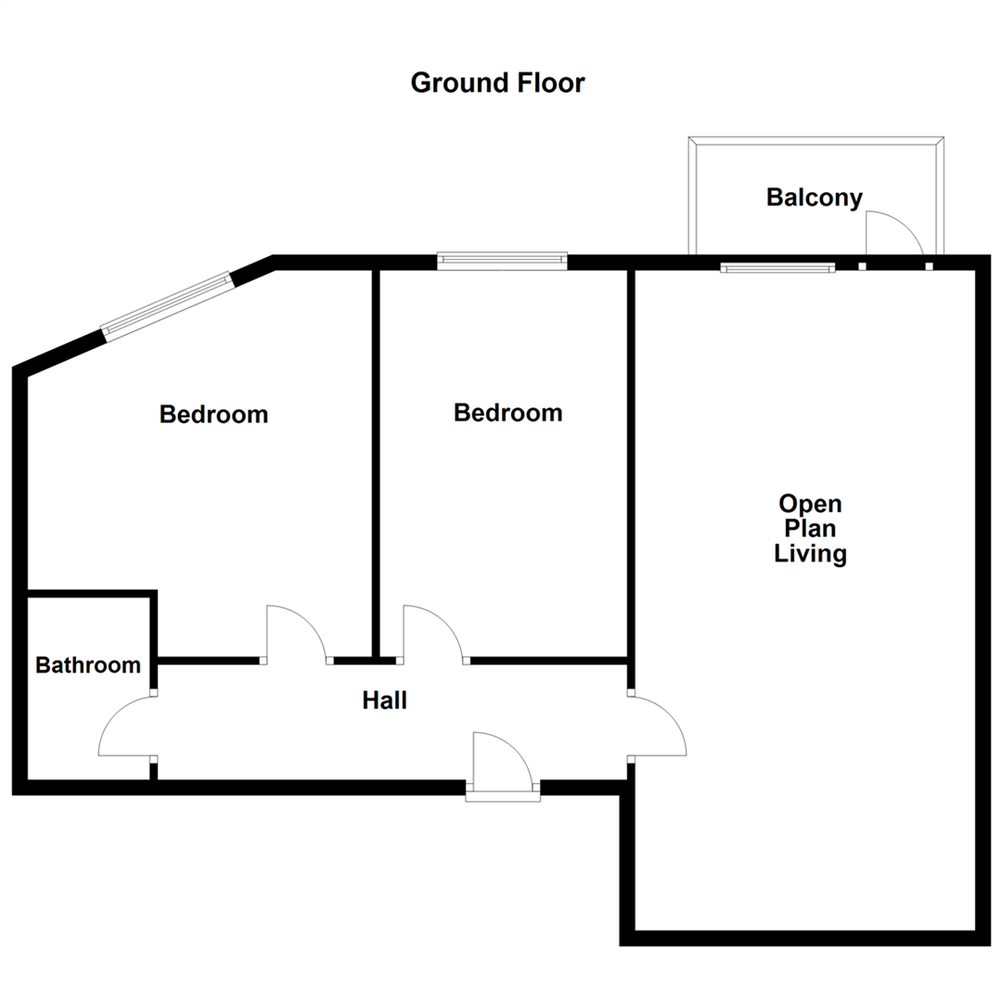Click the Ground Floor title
coord(497,83)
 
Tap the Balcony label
coord(814,198)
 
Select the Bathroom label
coord(88,665)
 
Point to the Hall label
coord(384,701)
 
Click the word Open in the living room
coord(810,505)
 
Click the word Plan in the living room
coord(810,530)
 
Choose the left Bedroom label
coord(213,414)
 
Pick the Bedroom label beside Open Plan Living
coord(507,413)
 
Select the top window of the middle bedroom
coord(502,261)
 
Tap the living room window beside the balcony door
coord(777,268)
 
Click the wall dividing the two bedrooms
coord(377,464)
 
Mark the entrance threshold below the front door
coord(502,795)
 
